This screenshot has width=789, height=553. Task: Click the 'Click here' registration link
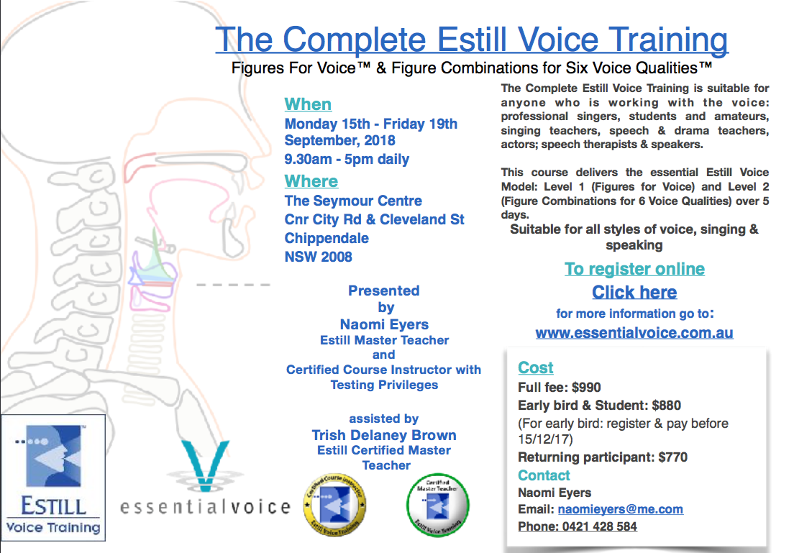click(634, 293)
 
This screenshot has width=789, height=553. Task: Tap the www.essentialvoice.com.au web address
click(634, 334)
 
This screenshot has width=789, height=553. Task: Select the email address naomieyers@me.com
click(620, 509)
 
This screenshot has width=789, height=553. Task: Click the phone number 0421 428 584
click(596, 526)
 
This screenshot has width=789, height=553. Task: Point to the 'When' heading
click(308, 104)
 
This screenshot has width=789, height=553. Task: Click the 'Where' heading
click(311, 181)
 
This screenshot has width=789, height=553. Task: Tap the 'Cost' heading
click(535, 368)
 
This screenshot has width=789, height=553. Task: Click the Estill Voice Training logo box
click(53, 477)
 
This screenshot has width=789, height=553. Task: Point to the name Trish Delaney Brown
click(384, 435)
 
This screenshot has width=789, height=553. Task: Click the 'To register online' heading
click(634, 269)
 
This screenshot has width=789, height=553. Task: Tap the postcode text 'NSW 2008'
click(318, 257)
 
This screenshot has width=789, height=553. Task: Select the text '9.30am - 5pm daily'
click(347, 160)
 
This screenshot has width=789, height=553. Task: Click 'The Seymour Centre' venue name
click(353, 201)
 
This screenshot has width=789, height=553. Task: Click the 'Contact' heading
click(544, 475)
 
